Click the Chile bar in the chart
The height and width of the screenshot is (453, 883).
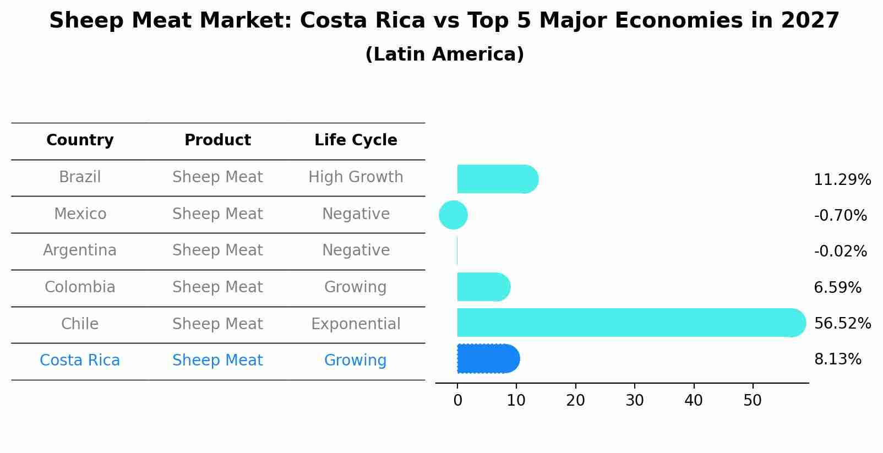[x=628, y=323]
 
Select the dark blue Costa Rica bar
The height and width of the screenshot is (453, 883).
[x=488, y=359]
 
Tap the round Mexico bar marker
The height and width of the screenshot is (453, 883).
[x=453, y=215]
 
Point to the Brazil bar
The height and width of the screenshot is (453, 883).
[x=495, y=179]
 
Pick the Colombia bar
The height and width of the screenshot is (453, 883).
[x=482, y=287]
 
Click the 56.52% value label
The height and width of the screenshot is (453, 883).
[x=842, y=323]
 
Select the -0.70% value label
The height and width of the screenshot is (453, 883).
[x=840, y=215]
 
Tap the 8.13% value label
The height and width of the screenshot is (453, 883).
[x=837, y=359]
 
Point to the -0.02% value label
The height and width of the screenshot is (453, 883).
[x=840, y=252]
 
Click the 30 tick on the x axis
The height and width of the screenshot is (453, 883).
[x=634, y=401]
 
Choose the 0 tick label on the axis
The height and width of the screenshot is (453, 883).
[x=457, y=401]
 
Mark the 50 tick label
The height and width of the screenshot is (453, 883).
[x=752, y=401]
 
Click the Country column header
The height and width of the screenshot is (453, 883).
[x=80, y=140]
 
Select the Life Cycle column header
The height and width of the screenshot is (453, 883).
[x=356, y=140]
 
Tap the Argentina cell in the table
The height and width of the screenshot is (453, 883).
[x=80, y=250]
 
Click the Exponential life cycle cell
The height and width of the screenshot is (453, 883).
[x=356, y=324]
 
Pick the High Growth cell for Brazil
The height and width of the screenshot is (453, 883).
[x=356, y=177]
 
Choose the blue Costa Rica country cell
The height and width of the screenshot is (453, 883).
[x=80, y=361]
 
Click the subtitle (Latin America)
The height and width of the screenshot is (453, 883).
[x=444, y=54]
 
